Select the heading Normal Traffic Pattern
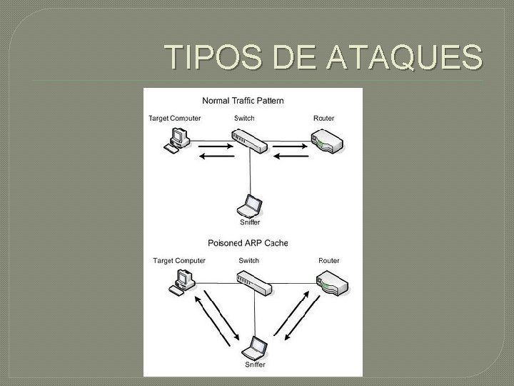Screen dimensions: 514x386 point(243,101)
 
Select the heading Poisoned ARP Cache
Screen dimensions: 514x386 point(248,243)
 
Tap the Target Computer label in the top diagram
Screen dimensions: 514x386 point(174,118)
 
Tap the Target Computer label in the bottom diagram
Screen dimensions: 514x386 point(179,261)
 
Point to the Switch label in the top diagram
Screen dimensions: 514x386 point(244,118)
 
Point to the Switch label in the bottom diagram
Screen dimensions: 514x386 point(249,261)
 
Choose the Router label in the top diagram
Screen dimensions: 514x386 point(323,118)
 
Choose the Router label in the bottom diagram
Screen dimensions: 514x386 point(329,261)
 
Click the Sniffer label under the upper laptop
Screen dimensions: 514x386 point(250,222)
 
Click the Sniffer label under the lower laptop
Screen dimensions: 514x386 point(255,365)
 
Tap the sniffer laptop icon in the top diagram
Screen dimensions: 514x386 point(250,205)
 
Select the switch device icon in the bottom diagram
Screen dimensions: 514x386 point(255,284)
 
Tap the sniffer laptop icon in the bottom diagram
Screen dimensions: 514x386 point(255,350)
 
